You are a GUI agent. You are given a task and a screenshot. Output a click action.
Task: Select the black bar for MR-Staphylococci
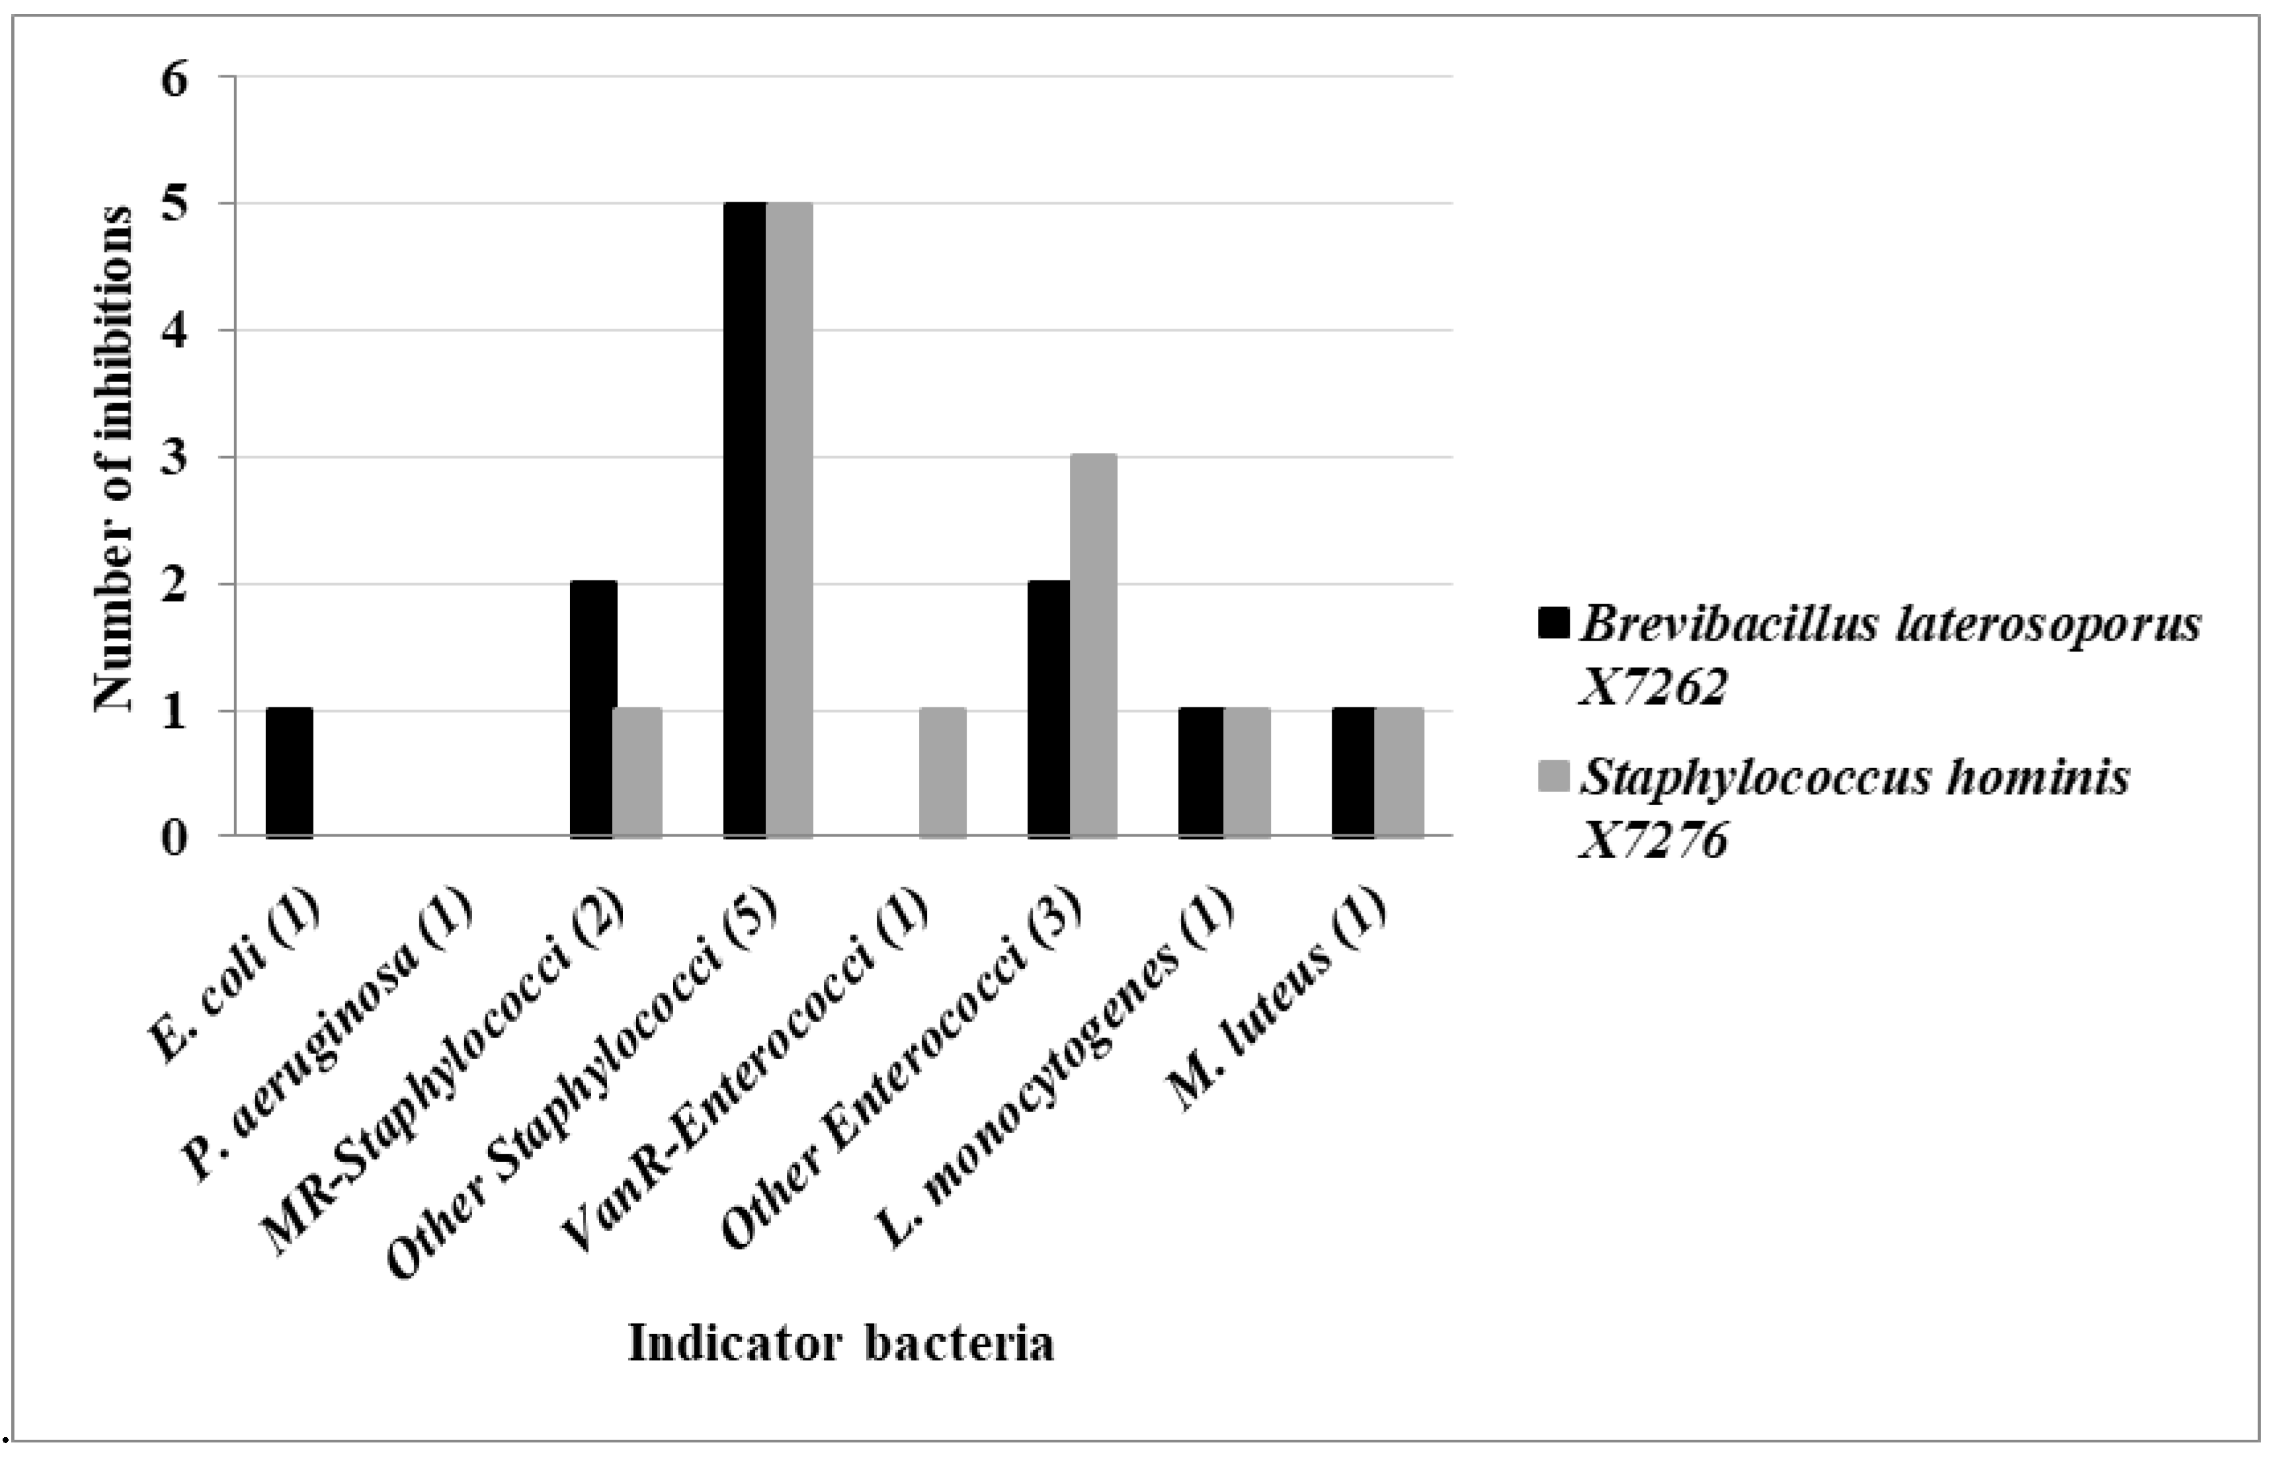pyautogui.click(x=593, y=709)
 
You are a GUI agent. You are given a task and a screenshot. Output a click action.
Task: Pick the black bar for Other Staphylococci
pyautogui.click(x=745, y=520)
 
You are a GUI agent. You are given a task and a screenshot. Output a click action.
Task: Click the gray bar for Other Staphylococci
pyautogui.click(x=790, y=520)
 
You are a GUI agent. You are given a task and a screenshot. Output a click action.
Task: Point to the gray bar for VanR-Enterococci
pyautogui.click(x=942, y=772)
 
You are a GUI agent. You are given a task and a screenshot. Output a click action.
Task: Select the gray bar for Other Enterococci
pyautogui.click(x=1094, y=646)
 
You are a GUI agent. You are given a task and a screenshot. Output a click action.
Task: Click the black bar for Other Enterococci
pyautogui.click(x=1049, y=709)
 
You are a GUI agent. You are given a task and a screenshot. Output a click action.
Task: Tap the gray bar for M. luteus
pyautogui.click(x=1400, y=772)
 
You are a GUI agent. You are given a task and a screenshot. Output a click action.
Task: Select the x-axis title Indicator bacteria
pyautogui.click(x=840, y=1343)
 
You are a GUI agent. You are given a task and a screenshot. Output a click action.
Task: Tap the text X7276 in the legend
pyautogui.click(x=1653, y=838)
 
